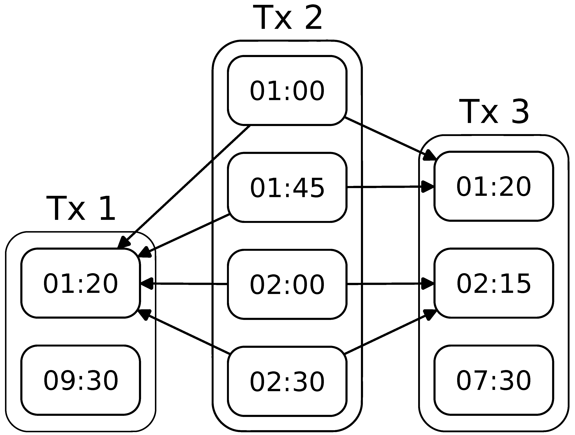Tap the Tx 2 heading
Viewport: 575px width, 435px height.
point(287,18)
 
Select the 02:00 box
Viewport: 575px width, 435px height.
point(287,284)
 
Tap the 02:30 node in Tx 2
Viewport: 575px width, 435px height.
point(287,381)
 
